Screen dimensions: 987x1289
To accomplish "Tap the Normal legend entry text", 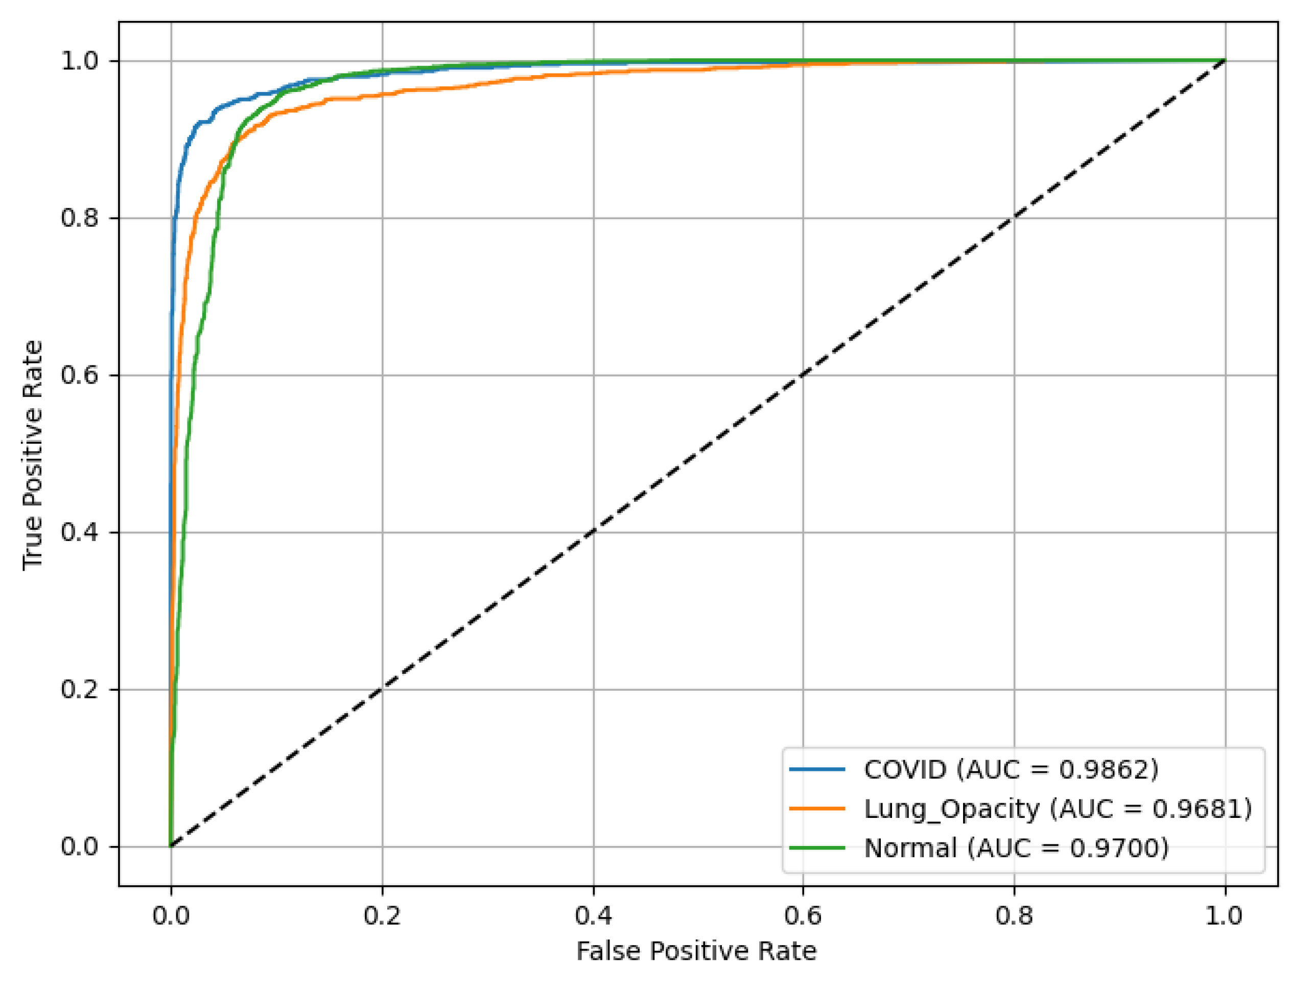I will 1016,848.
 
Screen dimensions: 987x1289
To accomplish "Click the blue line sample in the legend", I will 816,769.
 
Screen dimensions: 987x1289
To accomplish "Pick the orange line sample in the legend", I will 816,808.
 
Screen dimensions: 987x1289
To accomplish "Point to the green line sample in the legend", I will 816,848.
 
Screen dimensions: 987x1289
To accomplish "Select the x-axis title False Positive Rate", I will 696,951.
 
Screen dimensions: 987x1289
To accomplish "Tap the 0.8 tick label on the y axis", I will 79,218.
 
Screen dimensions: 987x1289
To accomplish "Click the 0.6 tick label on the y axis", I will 79,375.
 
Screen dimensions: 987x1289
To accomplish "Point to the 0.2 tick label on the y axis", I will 79,689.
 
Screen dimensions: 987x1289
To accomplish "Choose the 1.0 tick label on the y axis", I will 79,60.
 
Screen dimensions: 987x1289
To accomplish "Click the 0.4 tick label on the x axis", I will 593,916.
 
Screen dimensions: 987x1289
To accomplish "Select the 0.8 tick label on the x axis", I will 1014,916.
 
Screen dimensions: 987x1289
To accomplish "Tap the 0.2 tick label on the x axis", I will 382,916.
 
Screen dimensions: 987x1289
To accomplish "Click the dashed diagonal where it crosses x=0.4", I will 593,532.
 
